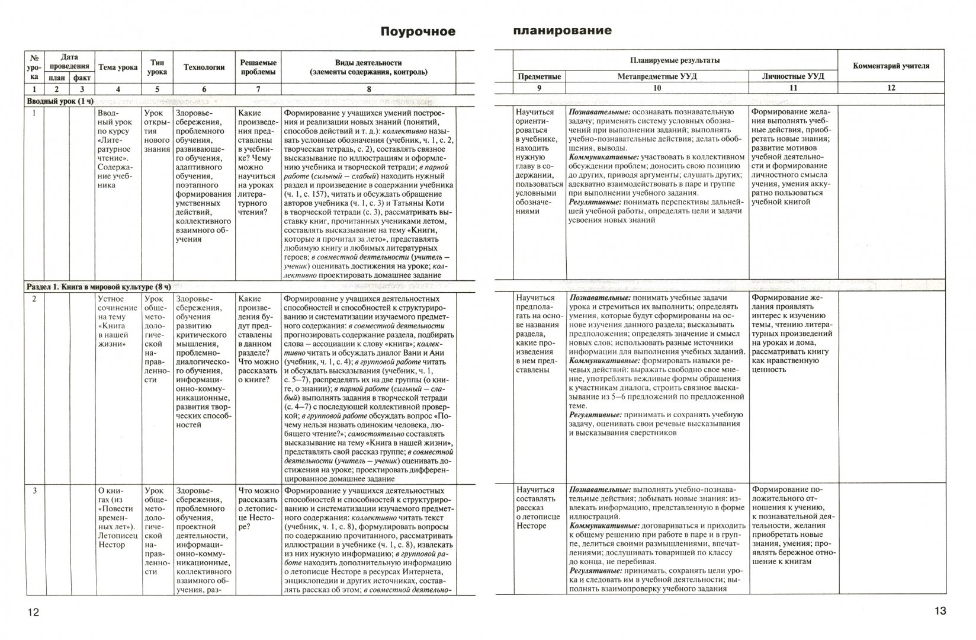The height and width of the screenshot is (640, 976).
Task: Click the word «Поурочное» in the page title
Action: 418,31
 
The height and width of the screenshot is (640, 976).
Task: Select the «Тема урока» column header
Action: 118,68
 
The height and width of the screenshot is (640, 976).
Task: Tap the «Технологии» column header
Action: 204,68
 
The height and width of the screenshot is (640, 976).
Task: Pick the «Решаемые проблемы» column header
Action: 258,67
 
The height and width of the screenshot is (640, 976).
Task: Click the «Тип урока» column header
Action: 157,67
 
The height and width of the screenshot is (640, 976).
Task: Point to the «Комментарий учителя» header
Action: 891,66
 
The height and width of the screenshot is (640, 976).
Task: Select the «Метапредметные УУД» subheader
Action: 657,76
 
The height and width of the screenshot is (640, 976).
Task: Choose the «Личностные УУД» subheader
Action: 793,76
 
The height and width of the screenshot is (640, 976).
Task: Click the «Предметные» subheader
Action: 539,76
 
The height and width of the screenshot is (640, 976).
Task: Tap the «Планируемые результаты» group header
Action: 675,60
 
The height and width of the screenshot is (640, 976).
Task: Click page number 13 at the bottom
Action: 940,611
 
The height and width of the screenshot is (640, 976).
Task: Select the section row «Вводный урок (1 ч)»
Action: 60,101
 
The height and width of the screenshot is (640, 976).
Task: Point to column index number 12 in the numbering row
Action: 891,88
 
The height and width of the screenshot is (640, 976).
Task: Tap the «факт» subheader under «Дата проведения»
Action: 82,78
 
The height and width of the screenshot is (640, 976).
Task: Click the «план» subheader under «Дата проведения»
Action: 57,78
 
